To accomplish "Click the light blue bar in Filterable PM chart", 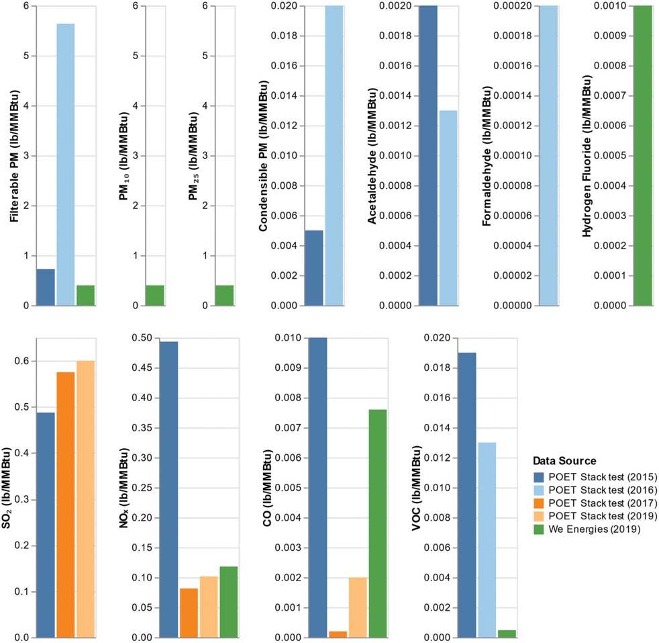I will click(x=66, y=165).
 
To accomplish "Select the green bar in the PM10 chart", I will click(x=155, y=296).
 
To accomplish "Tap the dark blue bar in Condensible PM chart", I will click(x=314, y=268).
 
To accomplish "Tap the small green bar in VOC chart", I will click(x=507, y=634).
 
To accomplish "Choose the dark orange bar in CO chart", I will click(x=338, y=634).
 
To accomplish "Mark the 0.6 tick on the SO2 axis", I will click(x=23, y=361).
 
